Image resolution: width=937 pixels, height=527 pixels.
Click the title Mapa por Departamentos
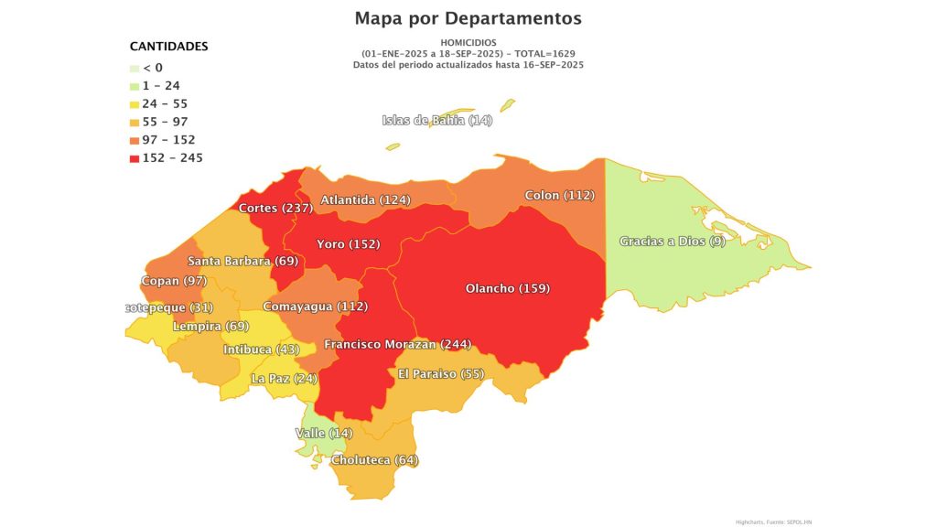[x=468, y=18]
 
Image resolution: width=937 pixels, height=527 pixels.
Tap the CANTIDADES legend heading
[x=168, y=46]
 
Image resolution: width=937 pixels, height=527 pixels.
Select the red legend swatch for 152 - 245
[x=135, y=158]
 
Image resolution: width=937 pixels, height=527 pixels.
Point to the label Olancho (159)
[x=507, y=289]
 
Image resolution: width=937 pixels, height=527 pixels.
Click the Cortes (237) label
[x=275, y=208]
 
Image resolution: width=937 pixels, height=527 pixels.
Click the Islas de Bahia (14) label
[x=436, y=121]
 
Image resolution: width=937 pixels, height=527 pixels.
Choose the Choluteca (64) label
[x=375, y=459]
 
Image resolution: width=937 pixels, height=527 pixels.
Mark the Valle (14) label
[x=323, y=433]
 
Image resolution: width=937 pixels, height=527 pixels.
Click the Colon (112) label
[x=560, y=196]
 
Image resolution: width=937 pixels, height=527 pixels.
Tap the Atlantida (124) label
[x=365, y=199]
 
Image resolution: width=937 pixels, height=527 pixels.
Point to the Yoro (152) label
[x=348, y=244]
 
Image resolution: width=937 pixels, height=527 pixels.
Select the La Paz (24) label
[x=284, y=378]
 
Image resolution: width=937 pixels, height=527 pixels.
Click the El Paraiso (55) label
[x=441, y=373]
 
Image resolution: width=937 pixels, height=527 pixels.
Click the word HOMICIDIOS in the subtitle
[x=468, y=43]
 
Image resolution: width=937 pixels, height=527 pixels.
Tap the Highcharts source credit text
[x=773, y=522]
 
